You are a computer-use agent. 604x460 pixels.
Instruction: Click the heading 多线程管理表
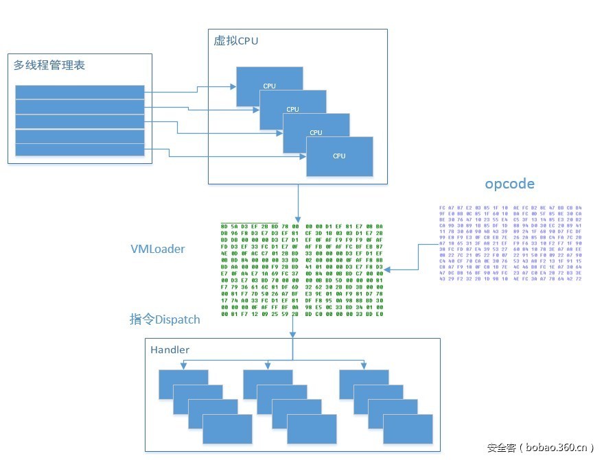click(49, 66)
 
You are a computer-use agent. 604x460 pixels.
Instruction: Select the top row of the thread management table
click(80, 92)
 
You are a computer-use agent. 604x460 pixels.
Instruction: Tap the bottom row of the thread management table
click(80, 149)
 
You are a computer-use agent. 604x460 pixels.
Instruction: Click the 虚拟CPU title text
click(236, 41)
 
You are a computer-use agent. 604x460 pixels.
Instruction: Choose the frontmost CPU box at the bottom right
click(340, 156)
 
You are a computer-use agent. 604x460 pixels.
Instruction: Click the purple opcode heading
click(509, 184)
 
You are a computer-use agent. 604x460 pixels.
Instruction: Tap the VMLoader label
click(158, 249)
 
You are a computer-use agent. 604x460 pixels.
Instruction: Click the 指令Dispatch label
click(165, 319)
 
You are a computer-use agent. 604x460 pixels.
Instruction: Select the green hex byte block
click(301, 269)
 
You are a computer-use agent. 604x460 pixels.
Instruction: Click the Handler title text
click(170, 350)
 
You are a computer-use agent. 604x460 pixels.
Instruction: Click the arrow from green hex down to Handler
click(292, 329)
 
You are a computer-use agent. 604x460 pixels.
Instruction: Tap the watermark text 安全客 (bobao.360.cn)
click(540, 448)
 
